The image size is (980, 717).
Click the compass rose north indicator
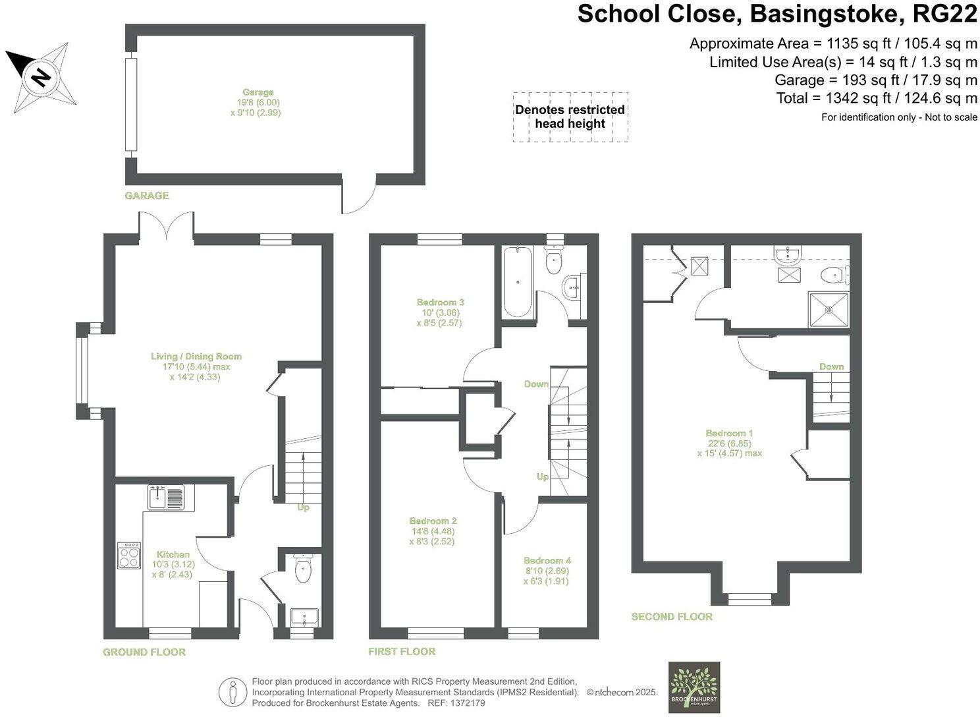coord(41,77)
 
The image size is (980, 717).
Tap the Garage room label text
coord(258,92)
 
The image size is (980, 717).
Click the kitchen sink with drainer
coord(167,498)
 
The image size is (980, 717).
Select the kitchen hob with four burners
coord(129,556)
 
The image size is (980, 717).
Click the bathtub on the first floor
coord(518,282)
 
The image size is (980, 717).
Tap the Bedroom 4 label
coord(547,561)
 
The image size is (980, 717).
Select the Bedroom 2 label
coord(433,521)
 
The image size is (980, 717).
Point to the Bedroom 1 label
coord(729,433)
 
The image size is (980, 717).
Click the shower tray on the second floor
coord(828,308)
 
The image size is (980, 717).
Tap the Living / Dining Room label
coord(196,357)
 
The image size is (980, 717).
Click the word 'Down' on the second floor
coord(831,366)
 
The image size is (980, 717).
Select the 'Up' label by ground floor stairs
coord(303,507)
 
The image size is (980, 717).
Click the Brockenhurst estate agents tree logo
coord(694,687)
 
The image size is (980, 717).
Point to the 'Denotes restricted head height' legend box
coord(570,117)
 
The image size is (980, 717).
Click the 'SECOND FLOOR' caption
coord(672,617)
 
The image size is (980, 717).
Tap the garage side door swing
coord(359,195)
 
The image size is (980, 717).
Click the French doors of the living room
coord(167,227)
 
